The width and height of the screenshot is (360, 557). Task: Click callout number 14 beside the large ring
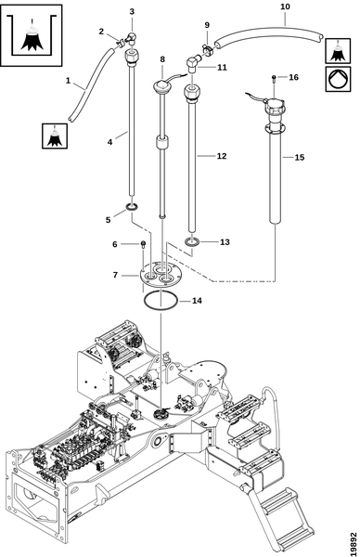(x=197, y=301)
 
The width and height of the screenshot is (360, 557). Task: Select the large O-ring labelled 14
(x=161, y=292)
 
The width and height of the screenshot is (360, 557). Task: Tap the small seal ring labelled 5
(x=133, y=207)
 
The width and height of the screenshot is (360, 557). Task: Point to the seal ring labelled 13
(x=192, y=242)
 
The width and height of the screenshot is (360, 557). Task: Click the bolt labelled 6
(x=143, y=244)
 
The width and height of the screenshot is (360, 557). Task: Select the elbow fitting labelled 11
(x=193, y=65)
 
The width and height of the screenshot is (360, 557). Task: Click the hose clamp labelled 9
(x=207, y=48)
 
